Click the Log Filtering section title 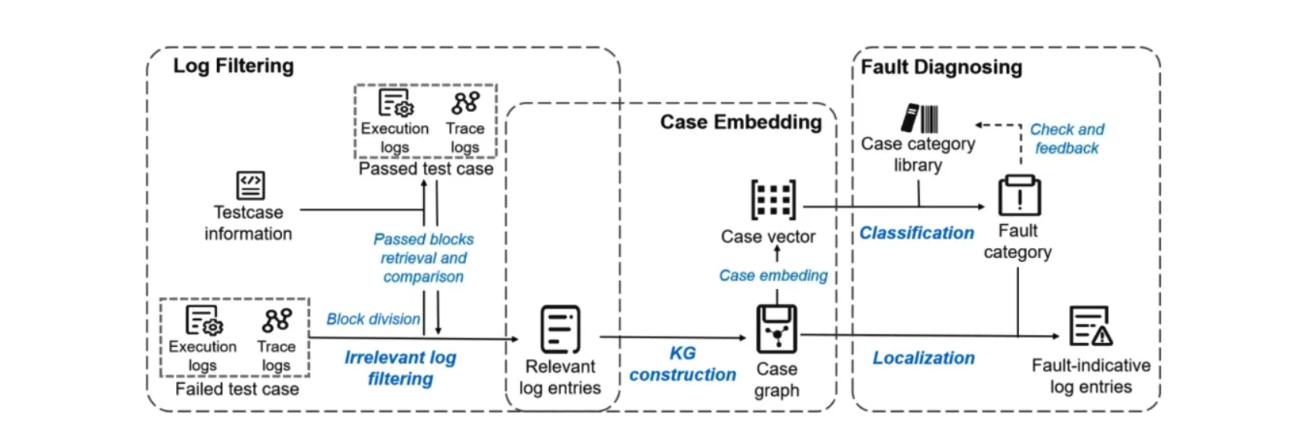233,66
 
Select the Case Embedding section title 740,122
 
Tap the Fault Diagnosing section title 941,67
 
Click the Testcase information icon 250,185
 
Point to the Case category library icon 919,118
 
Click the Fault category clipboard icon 1019,196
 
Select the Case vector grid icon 773,200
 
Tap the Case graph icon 776,329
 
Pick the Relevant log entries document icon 560,329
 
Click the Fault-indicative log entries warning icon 1090,326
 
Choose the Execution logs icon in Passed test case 396,103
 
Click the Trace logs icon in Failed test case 277,321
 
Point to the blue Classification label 916,233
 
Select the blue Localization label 923,358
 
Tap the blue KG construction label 682,364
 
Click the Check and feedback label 1067,139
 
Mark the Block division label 373,319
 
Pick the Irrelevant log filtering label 400,368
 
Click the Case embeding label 773,276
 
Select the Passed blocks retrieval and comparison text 423,258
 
